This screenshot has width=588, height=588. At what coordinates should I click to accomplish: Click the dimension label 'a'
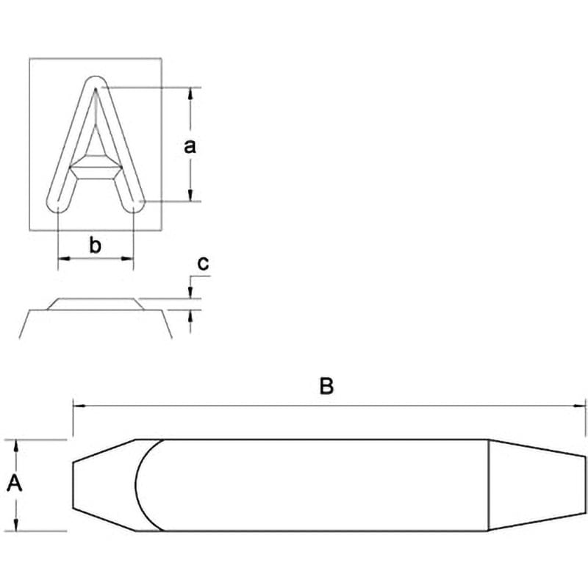[x=190, y=146]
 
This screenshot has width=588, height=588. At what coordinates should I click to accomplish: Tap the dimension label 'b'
[x=96, y=245]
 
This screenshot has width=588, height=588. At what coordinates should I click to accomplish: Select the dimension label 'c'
[x=203, y=263]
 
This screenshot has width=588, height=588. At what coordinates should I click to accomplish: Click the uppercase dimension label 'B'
[x=326, y=386]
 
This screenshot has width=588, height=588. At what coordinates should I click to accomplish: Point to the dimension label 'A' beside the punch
[x=15, y=483]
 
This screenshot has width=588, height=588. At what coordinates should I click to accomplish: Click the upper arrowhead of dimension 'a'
[x=190, y=93]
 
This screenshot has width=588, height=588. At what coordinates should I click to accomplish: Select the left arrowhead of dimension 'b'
[x=64, y=259]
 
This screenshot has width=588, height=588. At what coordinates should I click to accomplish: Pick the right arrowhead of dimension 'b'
[x=127, y=259]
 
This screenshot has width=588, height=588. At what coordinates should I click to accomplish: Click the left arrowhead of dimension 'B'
[x=79, y=406]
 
